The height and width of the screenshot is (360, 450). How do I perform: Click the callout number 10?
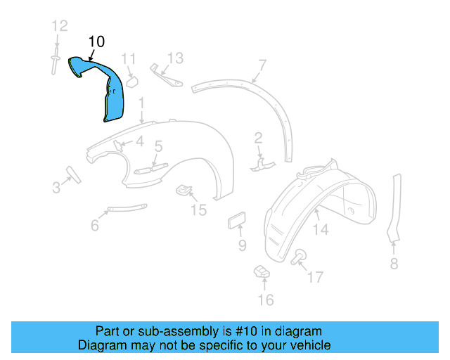[97, 42]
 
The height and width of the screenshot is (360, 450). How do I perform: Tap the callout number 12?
[59, 27]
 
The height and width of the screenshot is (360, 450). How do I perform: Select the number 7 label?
[262, 65]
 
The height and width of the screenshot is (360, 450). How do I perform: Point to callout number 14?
[321, 229]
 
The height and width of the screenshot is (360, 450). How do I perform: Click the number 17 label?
[316, 277]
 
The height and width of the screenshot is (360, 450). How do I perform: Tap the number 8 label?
[394, 264]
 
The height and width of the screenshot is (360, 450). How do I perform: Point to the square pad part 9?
[236, 221]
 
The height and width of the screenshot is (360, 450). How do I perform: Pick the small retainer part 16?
[262, 270]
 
